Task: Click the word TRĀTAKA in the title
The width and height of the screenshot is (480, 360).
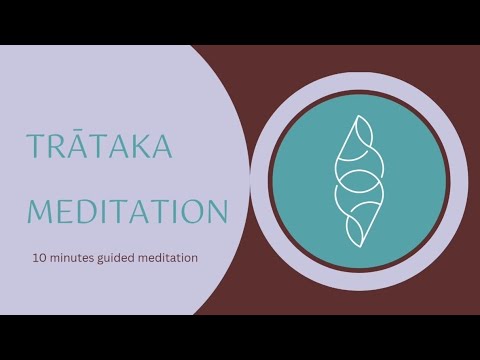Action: (99, 148)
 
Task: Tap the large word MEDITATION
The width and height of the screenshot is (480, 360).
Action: (127, 211)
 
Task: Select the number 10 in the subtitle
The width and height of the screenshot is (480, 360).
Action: (38, 258)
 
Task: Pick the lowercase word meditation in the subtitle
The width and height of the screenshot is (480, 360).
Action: (170, 258)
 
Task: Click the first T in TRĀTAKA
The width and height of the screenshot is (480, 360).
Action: (37, 148)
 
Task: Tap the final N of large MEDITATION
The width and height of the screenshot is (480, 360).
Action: (215, 211)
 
